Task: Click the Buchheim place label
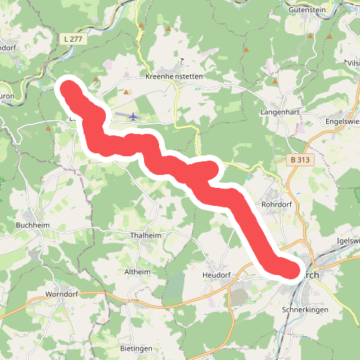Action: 32,224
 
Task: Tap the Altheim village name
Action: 138,272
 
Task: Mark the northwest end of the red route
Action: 68,90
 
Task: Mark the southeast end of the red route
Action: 288,270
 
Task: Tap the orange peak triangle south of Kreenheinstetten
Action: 126,92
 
